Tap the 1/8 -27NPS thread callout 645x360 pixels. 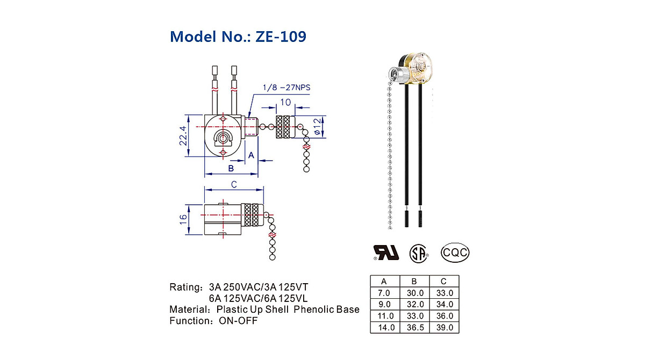pyautogui.click(x=285, y=87)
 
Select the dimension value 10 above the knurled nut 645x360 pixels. pyautogui.click(x=285, y=102)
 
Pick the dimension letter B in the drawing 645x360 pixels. pyautogui.click(x=231, y=168)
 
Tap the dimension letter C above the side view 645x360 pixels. pyautogui.click(x=234, y=184)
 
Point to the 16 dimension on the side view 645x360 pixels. pyautogui.click(x=183, y=219)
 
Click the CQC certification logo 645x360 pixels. pyautogui.click(x=455, y=251)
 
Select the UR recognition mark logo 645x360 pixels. pyautogui.click(x=386, y=252)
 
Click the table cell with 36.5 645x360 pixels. pyautogui.click(x=414, y=327)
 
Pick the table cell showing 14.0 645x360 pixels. pyautogui.click(x=384, y=327)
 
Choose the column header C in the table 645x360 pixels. pyautogui.click(x=444, y=282)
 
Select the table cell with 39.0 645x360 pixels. pyautogui.click(x=444, y=327)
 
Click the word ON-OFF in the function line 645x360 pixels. pyautogui.click(x=238, y=321)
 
